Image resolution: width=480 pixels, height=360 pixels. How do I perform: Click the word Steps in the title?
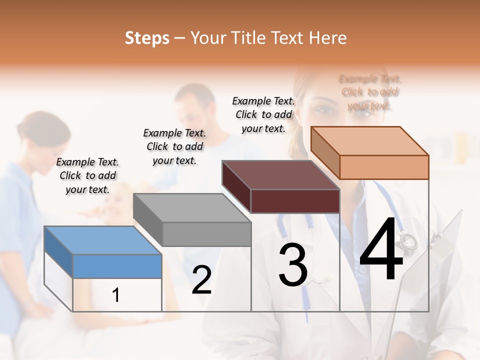pos(147,38)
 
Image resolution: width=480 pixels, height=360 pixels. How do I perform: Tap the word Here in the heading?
pos(328,38)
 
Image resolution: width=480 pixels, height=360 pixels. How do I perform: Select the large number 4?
pos(381,250)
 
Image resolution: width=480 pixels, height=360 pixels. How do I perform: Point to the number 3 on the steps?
pos(293,265)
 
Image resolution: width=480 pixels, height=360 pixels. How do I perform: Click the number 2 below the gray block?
pos(201,280)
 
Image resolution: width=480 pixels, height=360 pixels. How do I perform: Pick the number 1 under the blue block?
pos(116,295)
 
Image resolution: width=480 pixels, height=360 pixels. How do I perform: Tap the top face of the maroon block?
pos(280,175)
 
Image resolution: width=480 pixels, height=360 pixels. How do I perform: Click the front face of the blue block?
pos(117,266)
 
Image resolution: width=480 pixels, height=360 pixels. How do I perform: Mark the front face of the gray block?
pos(206,234)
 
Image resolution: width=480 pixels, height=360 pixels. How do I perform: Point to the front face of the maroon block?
pos(295,201)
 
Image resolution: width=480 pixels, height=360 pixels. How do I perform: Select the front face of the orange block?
pos(384,167)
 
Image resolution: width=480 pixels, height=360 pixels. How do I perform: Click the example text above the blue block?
pos(87,175)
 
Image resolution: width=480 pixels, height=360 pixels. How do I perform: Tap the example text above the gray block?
pos(174,146)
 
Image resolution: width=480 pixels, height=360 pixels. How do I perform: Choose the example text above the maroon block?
pos(263,114)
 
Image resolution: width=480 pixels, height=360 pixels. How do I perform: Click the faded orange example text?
pos(369,92)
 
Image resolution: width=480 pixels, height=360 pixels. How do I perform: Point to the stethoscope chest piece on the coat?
pos(407,241)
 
